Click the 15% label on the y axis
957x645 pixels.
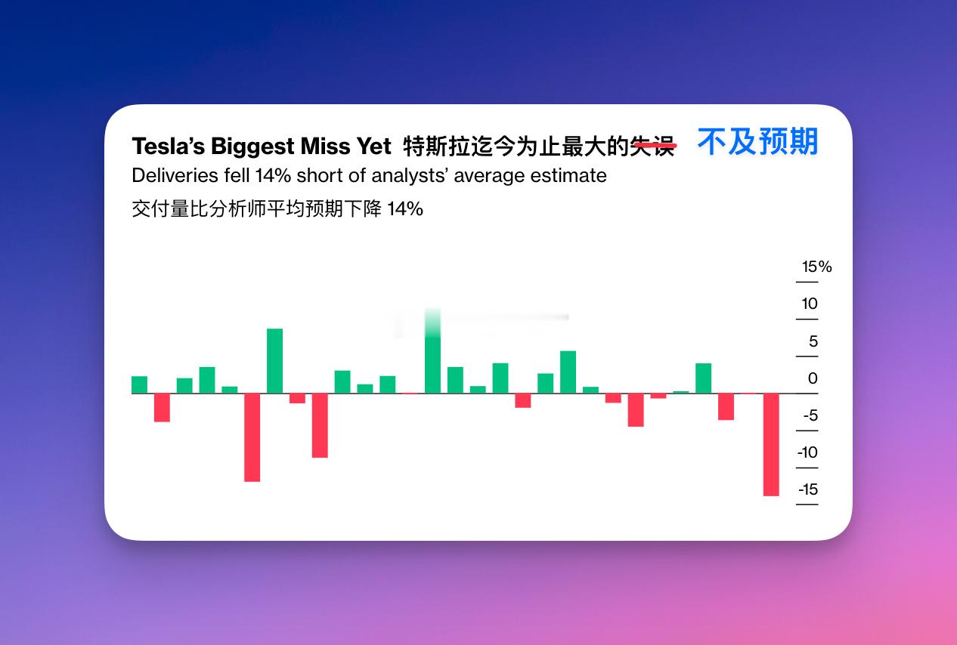816,267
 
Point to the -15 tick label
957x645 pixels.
808,489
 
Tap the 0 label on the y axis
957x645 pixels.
813,378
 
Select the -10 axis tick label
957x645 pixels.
807,452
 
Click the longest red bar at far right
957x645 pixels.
771,444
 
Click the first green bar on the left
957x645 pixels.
139,384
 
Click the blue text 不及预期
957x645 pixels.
758,142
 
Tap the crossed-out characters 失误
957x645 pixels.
653,147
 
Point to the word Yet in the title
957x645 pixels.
374,146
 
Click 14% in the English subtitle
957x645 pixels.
273,175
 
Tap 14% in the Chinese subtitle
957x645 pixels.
405,209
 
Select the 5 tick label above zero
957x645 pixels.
813,341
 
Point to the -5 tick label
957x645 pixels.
810,415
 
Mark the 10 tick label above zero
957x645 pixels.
809,304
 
